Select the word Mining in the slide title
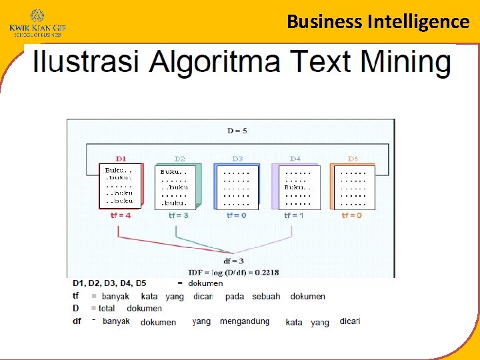406,62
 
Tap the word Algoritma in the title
217,62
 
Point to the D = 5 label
237,131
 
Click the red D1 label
121,159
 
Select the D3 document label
237,159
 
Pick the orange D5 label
353,159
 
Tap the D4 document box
297,187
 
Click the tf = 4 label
121,216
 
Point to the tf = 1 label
294,216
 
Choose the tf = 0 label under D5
352,216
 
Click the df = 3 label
236,261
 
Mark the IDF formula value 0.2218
266,272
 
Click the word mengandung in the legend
245,321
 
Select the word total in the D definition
107,309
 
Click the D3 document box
236,187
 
